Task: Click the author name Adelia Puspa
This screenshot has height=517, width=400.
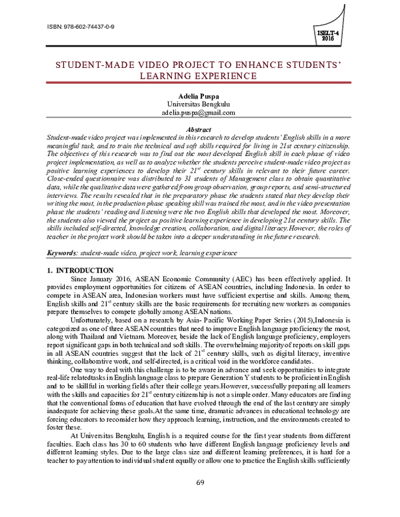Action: tap(201, 97)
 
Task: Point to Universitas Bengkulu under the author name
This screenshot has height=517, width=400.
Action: tap(201, 105)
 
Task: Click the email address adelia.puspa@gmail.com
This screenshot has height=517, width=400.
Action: tap(201, 113)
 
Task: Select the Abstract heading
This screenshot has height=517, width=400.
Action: tap(201, 128)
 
